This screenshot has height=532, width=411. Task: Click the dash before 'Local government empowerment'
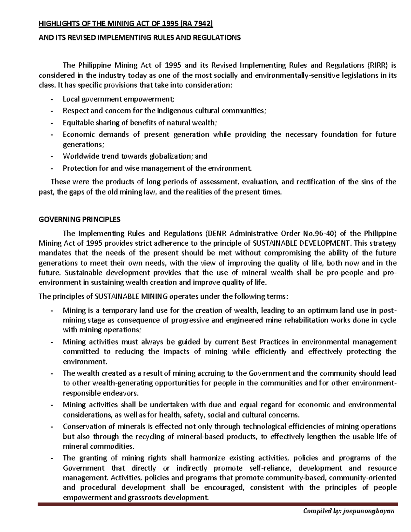coord(52,99)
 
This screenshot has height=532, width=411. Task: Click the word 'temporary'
coord(114,310)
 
